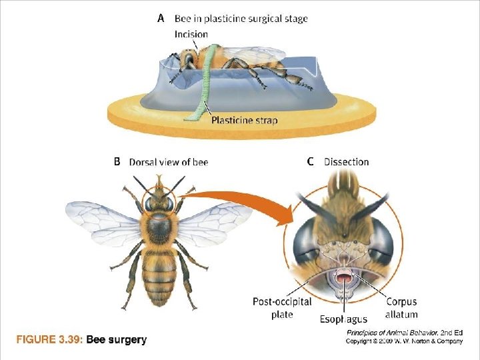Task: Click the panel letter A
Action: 161,19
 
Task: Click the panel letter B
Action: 117,161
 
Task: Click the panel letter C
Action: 310,161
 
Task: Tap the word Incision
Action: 191,34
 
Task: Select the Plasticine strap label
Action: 244,121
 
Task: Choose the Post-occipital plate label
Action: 282,308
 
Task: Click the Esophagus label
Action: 343,319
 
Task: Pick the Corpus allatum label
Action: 401,308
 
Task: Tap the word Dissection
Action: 346,161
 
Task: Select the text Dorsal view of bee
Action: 168,162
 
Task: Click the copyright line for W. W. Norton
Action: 404,341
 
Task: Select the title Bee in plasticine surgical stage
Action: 241,19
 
